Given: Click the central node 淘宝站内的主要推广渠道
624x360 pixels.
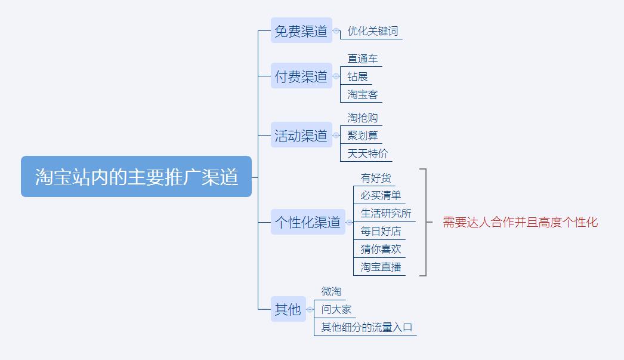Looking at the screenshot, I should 136,177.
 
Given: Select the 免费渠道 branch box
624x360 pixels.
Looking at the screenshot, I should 301,30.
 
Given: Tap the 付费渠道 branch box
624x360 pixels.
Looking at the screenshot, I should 301,76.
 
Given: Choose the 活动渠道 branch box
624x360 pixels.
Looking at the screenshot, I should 301,135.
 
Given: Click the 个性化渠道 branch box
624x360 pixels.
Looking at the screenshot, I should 307,222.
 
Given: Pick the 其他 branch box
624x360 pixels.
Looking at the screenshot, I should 288,309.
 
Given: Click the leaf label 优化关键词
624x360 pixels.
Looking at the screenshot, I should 372,31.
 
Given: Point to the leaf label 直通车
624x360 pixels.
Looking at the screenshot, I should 362,59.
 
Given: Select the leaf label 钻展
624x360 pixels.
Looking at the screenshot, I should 357,76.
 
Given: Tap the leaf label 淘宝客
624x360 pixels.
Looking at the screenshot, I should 362,94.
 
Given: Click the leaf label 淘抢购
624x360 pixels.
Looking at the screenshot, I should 362,118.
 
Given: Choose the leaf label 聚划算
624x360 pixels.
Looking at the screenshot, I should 362,136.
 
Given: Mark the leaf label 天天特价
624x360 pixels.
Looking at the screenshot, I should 367,153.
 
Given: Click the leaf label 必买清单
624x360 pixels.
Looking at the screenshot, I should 381,195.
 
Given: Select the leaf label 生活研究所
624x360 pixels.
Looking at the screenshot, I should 385,213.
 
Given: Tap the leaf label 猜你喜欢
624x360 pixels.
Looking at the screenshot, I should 381,249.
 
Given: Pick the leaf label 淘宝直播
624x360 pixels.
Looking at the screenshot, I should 381,267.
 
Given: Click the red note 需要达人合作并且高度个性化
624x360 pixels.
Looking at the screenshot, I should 520,222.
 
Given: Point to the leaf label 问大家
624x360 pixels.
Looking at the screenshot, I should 336,309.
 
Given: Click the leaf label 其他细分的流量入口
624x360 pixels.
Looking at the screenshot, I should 366,327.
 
